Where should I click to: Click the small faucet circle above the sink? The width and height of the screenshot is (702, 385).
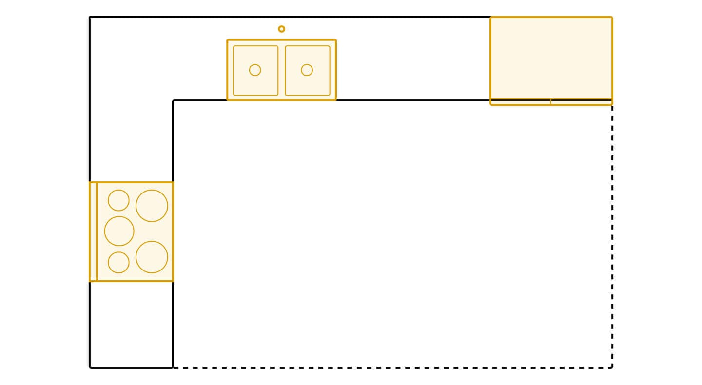281,29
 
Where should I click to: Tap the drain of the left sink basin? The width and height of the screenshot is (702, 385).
255,70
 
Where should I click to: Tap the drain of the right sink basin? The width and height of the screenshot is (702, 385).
307,70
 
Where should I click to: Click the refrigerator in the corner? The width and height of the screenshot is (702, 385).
551,58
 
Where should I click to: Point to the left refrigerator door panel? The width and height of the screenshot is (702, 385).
521,102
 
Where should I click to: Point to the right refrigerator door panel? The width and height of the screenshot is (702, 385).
581,102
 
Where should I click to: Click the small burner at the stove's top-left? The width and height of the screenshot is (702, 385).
118,200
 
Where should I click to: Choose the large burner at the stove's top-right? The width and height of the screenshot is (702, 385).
152,206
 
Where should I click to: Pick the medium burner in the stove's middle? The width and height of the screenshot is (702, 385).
119,231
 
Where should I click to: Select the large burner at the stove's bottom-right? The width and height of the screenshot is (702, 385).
152,257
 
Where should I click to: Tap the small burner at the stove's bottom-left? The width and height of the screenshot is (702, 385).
118,262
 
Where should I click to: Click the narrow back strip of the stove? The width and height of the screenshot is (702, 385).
93,231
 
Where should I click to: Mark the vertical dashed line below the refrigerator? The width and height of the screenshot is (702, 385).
612,234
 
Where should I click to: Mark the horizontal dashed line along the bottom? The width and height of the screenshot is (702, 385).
390,367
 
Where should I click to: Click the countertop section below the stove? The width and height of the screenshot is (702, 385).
131,324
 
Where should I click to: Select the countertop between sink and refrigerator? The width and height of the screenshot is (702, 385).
412,58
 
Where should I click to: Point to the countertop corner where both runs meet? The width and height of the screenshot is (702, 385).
131,58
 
